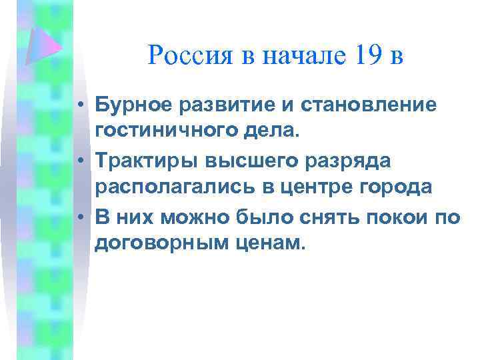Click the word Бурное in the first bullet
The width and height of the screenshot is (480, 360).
click(130, 105)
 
